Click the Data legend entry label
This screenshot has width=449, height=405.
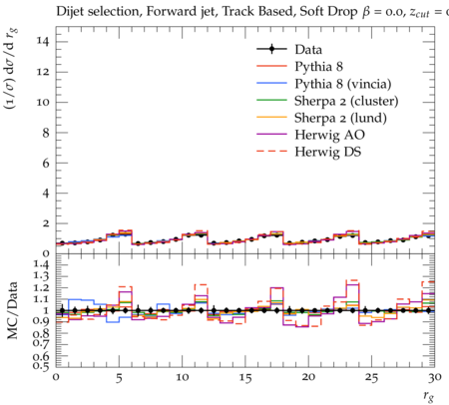pos(308,50)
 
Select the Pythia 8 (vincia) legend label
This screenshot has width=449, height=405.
pos(343,84)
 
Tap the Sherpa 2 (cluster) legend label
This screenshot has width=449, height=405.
pos(346,101)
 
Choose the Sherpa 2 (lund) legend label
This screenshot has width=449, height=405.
pos(340,118)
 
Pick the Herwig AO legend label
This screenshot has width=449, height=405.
pos(329,135)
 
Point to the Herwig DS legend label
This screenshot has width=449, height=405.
pos(328,152)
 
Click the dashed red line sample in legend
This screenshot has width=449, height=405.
pos(271,151)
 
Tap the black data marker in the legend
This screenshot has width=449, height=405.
pos(271,49)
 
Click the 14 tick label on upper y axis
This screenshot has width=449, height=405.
pos(43,41)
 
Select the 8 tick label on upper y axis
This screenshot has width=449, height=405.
pos(46,133)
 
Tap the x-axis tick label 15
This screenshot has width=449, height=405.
pos(245,378)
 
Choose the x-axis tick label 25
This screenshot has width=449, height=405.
pos(371,378)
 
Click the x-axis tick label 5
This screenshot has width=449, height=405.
pos(119,378)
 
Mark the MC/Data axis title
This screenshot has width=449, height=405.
pos(12,310)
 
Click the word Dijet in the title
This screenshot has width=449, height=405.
pos(71,12)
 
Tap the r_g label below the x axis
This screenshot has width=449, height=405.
pos(428,396)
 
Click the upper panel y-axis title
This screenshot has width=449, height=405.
pos(11,69)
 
